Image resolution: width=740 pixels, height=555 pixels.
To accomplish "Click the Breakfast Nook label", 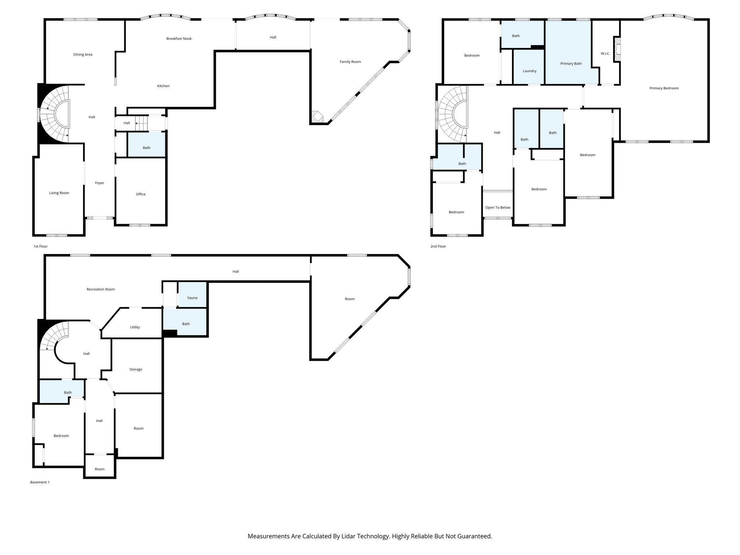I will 179,39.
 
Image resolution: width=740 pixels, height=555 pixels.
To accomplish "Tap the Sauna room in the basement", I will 192,298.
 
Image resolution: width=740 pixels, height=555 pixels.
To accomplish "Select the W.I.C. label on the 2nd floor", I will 605,54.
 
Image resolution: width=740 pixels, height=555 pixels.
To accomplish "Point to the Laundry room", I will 529,71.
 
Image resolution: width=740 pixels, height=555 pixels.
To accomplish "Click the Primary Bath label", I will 571,64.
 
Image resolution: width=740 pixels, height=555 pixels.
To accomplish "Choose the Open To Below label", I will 498,208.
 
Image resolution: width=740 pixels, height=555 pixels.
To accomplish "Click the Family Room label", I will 350,62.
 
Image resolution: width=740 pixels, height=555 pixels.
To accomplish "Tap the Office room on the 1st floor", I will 141,194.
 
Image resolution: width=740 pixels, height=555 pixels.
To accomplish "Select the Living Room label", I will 59,193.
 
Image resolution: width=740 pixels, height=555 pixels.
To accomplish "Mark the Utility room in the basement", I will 135,327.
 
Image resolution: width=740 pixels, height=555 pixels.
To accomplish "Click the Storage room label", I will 136,370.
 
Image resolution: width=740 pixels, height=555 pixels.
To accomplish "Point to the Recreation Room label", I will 100,289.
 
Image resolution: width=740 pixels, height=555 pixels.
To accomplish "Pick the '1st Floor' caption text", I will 40,246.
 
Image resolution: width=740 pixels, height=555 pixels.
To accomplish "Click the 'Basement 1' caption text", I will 40,482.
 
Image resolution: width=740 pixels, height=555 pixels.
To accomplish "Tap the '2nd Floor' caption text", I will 438,246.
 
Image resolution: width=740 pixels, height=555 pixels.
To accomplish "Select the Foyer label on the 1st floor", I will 99,183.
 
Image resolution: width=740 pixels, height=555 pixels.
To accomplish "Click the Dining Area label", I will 83,55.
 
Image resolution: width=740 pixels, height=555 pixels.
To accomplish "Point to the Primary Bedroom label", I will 664,88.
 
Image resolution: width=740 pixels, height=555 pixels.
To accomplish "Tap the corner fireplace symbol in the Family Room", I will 317,117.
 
